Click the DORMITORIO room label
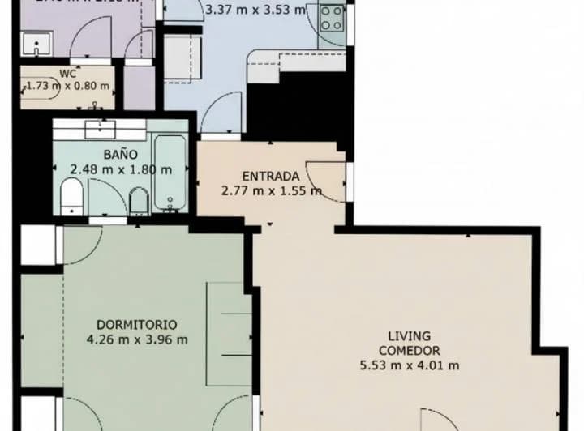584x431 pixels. [136, 323]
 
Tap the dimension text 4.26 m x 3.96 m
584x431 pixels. [136, 339]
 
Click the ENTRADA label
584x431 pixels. [271, 176]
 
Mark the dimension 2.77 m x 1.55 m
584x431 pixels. [271, 191]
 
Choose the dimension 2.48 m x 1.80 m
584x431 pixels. [120, 169]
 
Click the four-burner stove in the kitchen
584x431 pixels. [332, 18]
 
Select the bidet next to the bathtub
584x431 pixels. [139, 200]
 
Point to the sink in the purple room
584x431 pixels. [36, 43]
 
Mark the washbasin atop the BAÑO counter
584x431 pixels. [99, 126]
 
